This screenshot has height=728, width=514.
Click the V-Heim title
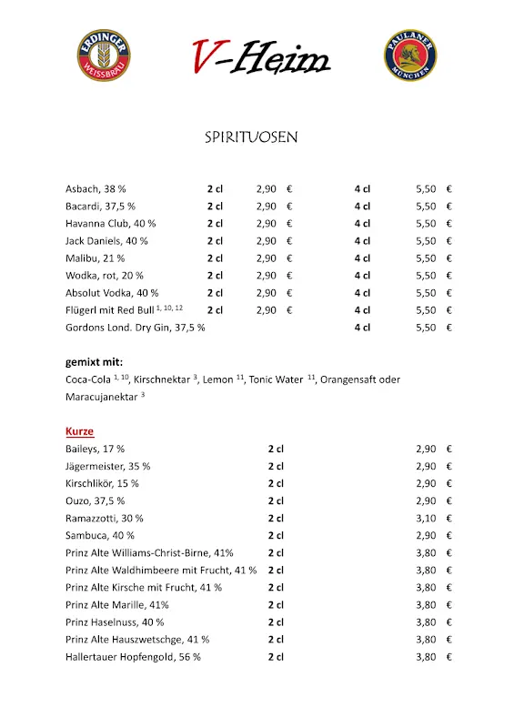pos(260,57)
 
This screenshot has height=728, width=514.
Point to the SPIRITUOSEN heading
pos(251,138)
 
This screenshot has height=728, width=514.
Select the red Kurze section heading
pos(79,431)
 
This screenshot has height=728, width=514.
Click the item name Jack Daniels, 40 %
pos(106,241)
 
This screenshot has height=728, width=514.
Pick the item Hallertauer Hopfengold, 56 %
pos(133,656)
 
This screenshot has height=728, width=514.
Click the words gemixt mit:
pos(96,361)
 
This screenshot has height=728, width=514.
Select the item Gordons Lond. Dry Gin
pos(135,328)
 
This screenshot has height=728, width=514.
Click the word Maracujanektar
pos(100,398)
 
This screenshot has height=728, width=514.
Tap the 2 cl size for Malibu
pos(215,258)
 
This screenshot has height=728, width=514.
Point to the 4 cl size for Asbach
pos(362,189)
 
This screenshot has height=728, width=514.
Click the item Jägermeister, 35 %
pos(107,466)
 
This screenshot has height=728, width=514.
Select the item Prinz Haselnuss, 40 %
pos(115,622)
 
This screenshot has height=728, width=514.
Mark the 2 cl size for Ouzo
pos(276,500)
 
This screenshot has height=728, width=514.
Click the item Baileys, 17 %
pos(95,449)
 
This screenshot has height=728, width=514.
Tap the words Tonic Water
pos(277,379)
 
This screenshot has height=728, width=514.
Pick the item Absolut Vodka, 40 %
pos(112,293)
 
